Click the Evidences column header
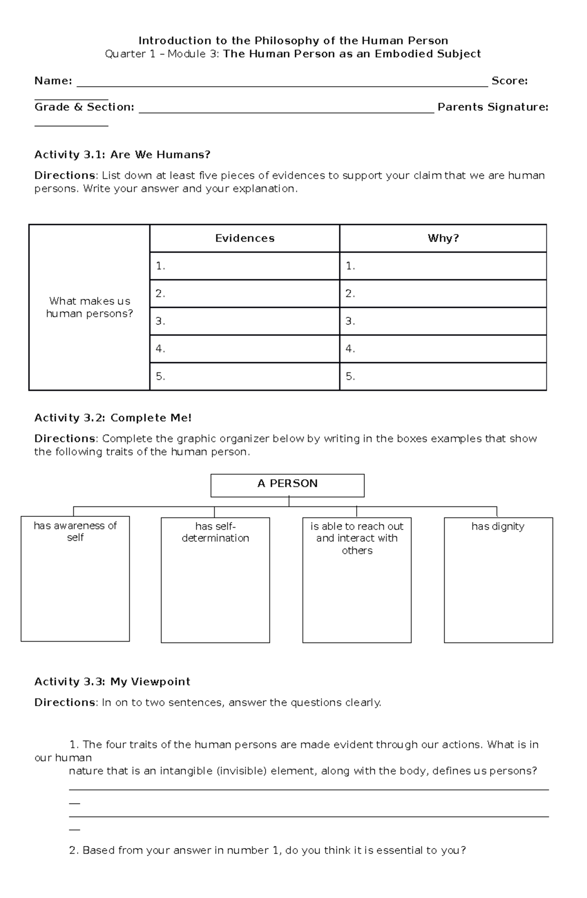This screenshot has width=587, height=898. (x=245, y=238)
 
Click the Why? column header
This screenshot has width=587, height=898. (x=443, y=238)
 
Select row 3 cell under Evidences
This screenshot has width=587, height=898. (x=245, y=321)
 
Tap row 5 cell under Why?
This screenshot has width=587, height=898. (x=443, y=376)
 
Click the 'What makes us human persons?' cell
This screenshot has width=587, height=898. (x=90, y=307)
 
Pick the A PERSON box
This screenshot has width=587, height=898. (x=287, y=484)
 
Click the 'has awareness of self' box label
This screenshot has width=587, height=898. (x=75, y=531)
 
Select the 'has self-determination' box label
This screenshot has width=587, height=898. (x=215, y=532)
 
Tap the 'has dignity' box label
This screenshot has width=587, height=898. (x=497, y=527)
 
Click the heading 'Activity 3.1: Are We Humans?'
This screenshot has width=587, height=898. (x=122, y=155)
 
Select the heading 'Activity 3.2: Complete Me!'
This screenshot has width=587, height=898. (x=113, y=418)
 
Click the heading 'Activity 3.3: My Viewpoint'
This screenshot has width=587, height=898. (x=112, y=682)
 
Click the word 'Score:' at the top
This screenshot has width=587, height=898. (x=509, y=81)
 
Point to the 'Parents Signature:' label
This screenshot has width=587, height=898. (x=493, y=107)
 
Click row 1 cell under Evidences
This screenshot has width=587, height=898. (x=245, y=266)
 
